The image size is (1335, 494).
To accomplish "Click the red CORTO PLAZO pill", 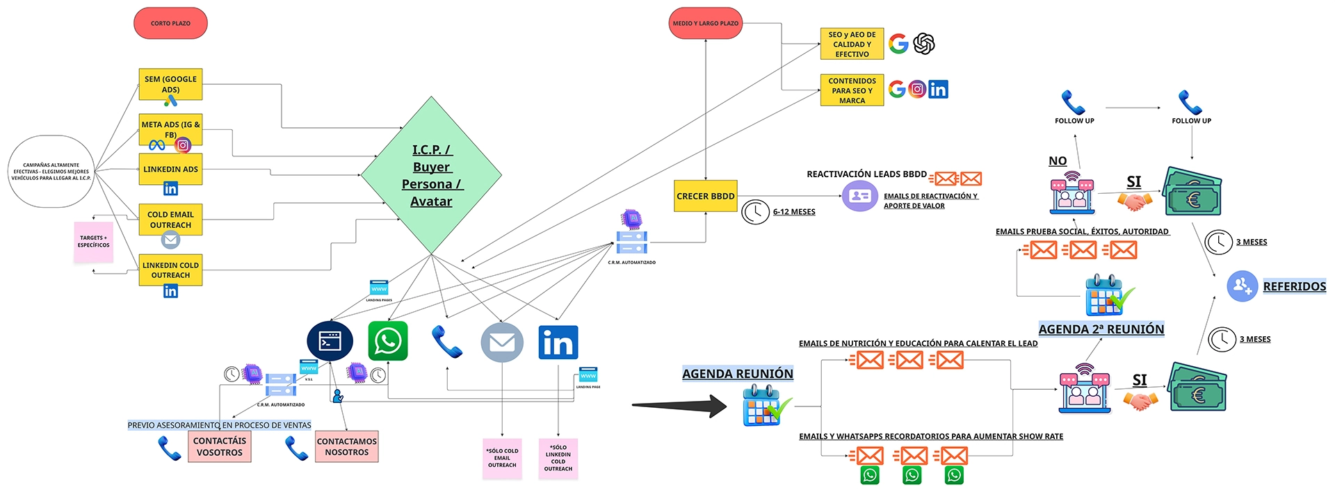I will point(170,24).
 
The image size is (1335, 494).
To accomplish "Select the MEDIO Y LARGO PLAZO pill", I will point(705,24).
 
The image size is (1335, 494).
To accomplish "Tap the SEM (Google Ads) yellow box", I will point(170,84).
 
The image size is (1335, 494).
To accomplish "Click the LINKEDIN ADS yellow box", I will point(170,170).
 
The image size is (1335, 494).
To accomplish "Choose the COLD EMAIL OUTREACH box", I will point(170,220).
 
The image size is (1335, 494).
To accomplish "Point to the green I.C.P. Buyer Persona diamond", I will point(431,175).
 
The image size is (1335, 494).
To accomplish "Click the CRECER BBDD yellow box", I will point(705,196).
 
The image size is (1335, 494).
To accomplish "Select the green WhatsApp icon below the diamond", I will point(387,341).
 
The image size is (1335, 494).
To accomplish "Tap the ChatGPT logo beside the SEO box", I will point(923,44).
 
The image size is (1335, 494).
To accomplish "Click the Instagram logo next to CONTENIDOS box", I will point(917,89).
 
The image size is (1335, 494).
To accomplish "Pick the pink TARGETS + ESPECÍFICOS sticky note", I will point(93,242).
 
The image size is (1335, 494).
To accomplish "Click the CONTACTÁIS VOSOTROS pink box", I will point(219,446).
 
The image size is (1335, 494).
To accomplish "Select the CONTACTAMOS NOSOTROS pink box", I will point(346,446).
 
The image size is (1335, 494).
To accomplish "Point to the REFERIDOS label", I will point(1294,286).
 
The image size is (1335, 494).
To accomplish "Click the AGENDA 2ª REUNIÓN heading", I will point(1101,329).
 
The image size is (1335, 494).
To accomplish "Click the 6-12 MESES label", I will point(794,212).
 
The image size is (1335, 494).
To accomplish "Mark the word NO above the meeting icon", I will point(1057,161).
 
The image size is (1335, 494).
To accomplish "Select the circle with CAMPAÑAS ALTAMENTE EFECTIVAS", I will point(51,171).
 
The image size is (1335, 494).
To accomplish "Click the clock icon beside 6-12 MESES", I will point(755,212).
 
